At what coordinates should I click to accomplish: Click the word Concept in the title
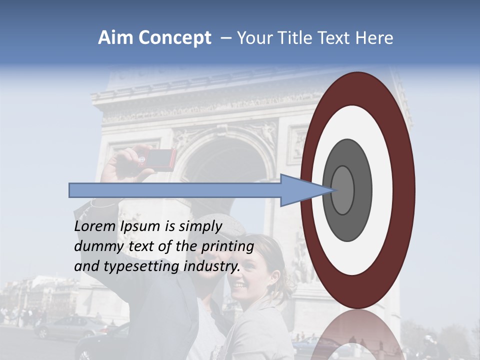tap(174, 38)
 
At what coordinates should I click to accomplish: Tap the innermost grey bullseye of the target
tap(343, 190)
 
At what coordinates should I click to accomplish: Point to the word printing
tap(227, 247)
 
